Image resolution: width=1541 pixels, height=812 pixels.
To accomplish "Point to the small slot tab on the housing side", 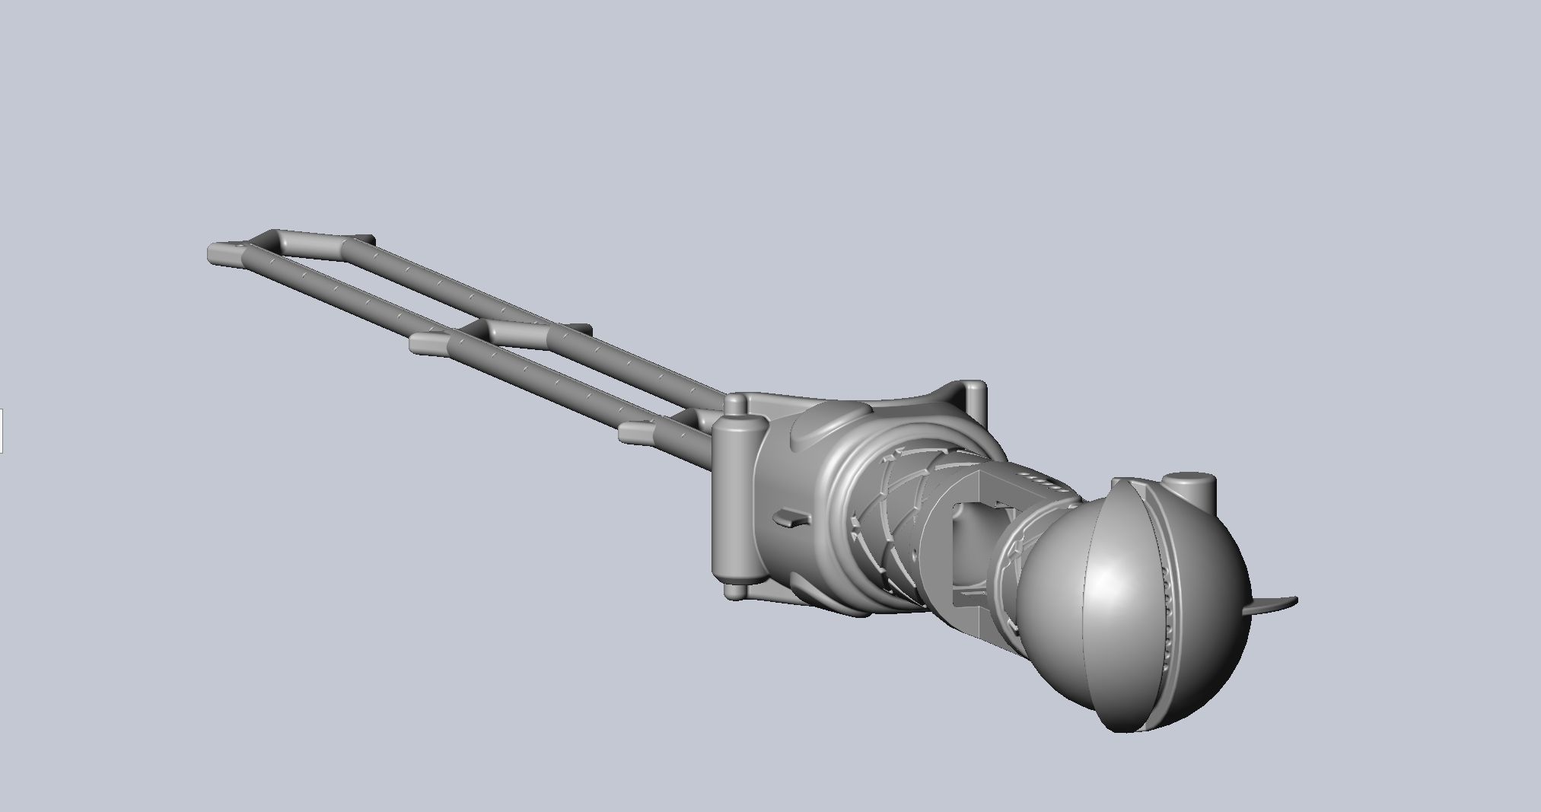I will (792, 519).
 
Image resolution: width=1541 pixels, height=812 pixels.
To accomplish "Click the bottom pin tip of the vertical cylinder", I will (734, 591).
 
